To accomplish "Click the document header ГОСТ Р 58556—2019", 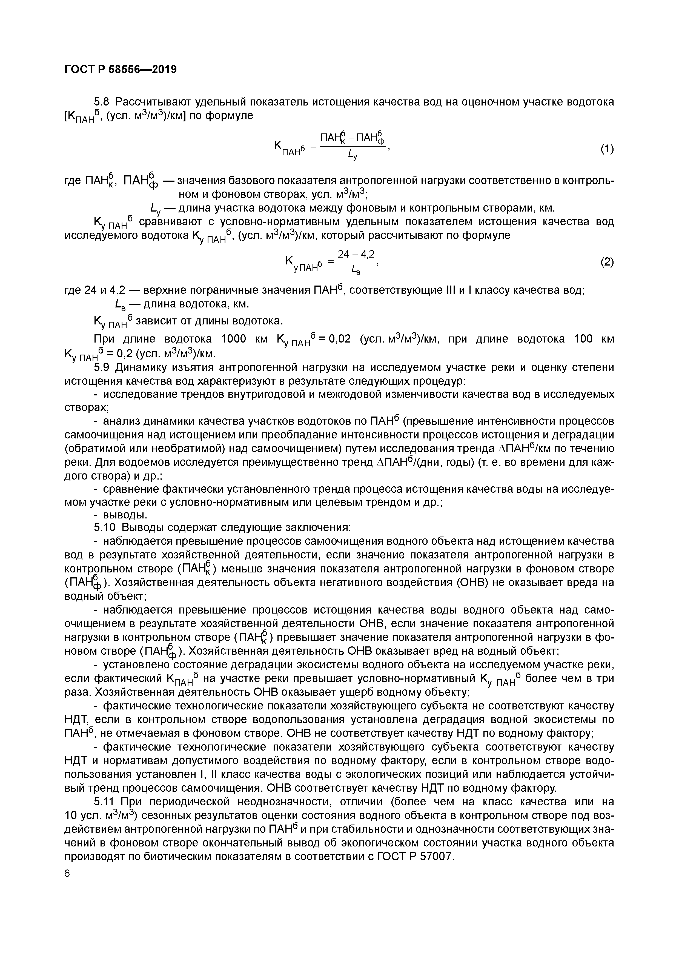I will coord(121,69).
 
